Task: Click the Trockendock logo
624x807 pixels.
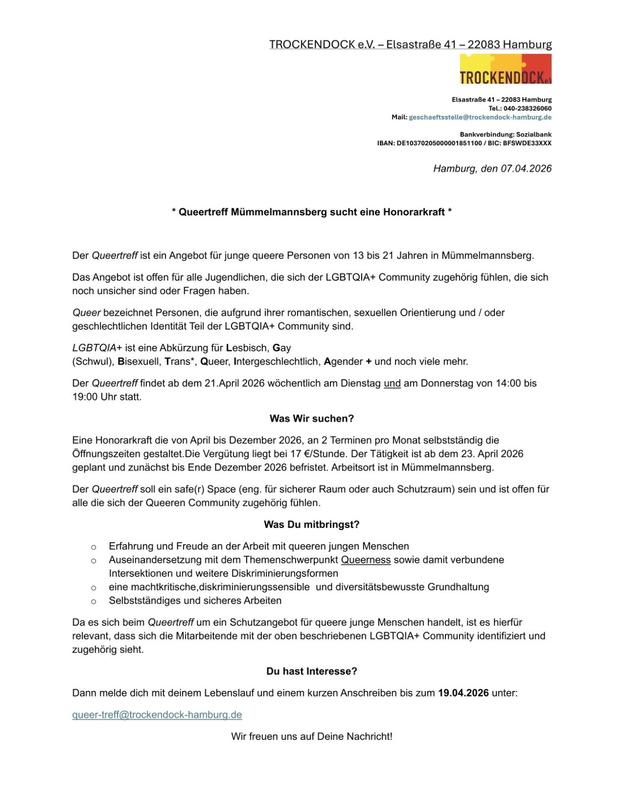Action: point(505,70)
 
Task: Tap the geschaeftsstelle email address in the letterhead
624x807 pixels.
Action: point(480,117)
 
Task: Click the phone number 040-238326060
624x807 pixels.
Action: point(527,108)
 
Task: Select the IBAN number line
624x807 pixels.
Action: point(464,143)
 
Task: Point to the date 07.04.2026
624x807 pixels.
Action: point(526,168)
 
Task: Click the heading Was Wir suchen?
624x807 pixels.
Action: point(312,419)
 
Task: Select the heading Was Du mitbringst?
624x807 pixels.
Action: point(312,525)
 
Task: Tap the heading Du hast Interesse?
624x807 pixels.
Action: point(312,671)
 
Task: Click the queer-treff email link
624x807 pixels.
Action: point(157,715)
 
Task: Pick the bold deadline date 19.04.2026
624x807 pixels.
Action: point(463,693)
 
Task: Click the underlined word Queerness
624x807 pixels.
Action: point(366,560)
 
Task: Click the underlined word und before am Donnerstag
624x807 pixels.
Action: point(392,383)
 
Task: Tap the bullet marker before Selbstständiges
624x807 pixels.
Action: point(93,601)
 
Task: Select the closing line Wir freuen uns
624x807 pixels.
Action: point(312,736)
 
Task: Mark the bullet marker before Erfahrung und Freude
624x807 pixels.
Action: point(93,547)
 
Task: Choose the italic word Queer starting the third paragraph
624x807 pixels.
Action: point(86,313)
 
